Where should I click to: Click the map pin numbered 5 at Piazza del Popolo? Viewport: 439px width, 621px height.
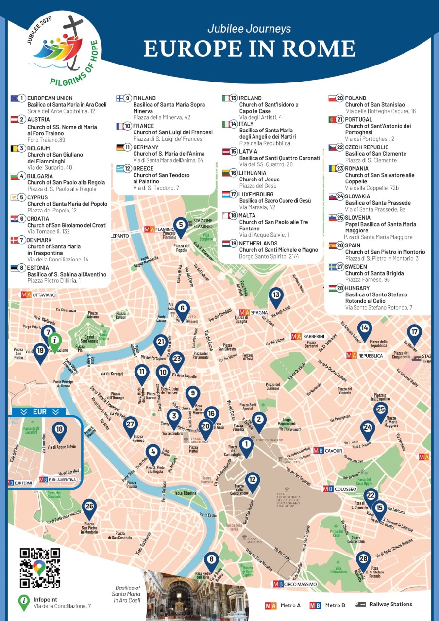(x=181, y=226)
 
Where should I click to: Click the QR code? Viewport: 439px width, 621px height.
(x=40, y=568)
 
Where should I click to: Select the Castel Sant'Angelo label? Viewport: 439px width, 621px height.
(x=83, y=339)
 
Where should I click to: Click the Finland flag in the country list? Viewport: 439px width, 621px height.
(x=120, y=98)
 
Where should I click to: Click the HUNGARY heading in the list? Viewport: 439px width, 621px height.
(x=357, y=288)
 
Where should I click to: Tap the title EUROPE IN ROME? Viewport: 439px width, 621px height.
(x=249, y=49)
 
